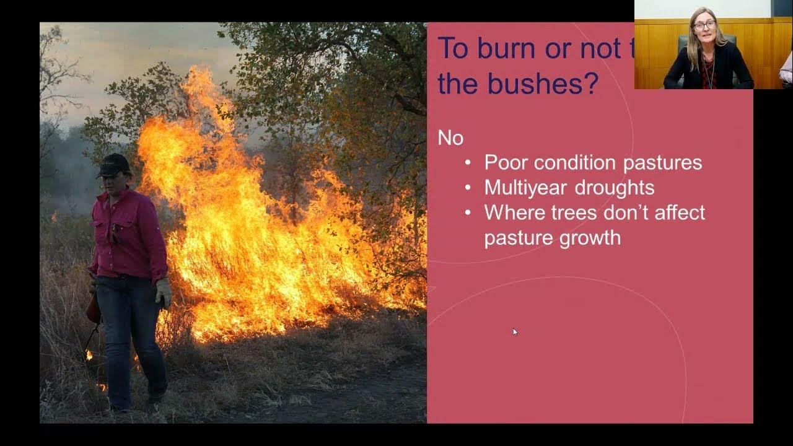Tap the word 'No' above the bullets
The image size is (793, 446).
pos(450,138)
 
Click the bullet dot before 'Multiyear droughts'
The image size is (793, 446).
pos(469,188)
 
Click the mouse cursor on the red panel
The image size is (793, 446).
pos(515,331)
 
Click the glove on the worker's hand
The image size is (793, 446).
pos(164,293)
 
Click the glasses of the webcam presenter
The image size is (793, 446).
pos(704,25)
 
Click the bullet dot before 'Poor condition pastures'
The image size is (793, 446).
pos(469,162)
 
